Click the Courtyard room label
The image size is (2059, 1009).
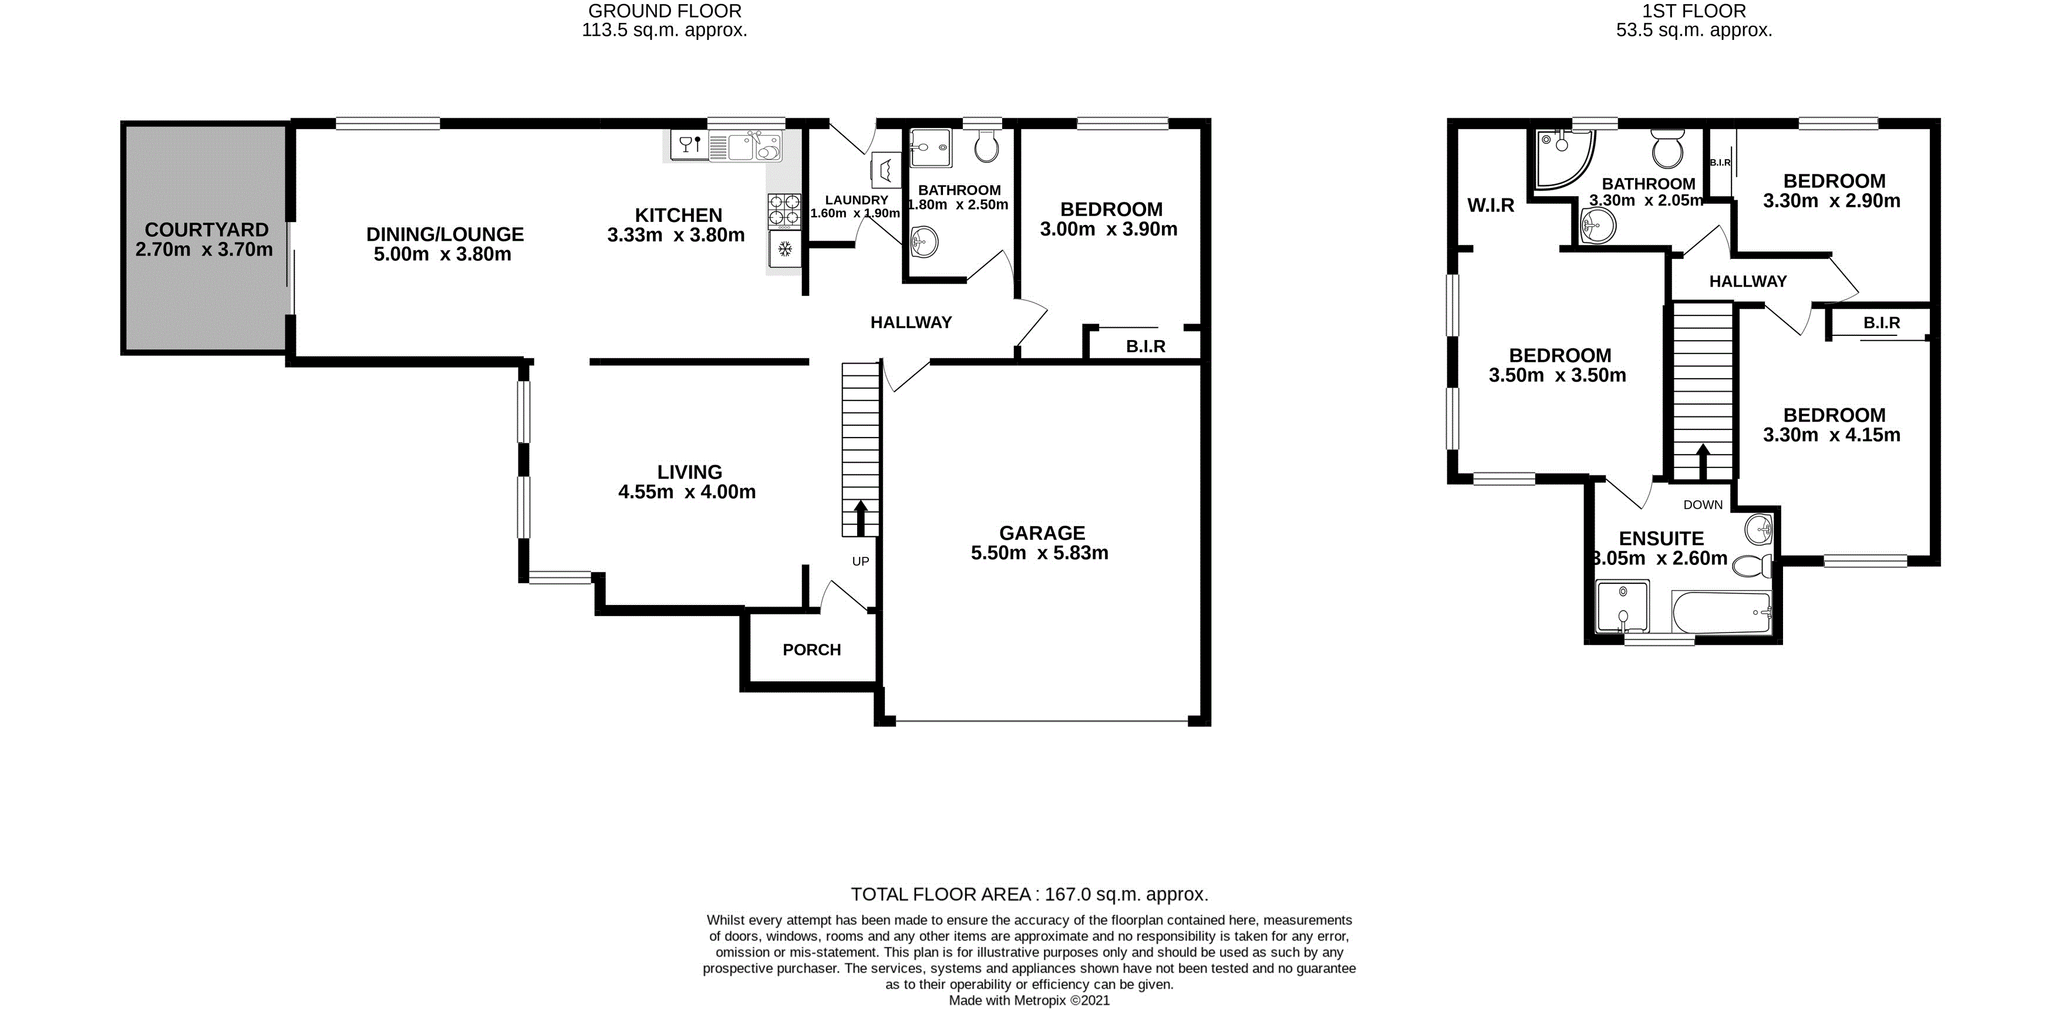click(206, 230)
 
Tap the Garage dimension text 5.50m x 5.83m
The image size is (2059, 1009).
click(1039, 553)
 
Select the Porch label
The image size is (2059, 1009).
click(811, 650)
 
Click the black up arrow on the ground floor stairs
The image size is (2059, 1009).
click(861, 518)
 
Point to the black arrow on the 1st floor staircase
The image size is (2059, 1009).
click(1703, 461)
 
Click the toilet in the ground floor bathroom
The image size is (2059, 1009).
click(986, 146)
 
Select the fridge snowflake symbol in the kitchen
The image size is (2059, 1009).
click(785, 250)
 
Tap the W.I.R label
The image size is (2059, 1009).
click(1491, 206)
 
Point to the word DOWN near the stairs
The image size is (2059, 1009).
click(1703, 504)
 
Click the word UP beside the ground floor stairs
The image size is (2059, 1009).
click(860, 561)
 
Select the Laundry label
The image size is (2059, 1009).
click(856, 200)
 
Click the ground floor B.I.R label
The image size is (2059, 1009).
click(1145, 346)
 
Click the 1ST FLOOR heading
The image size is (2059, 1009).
click(1694, 11)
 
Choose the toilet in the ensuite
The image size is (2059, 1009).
click(1753, 566)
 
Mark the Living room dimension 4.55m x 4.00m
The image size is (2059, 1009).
click(686, 492)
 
